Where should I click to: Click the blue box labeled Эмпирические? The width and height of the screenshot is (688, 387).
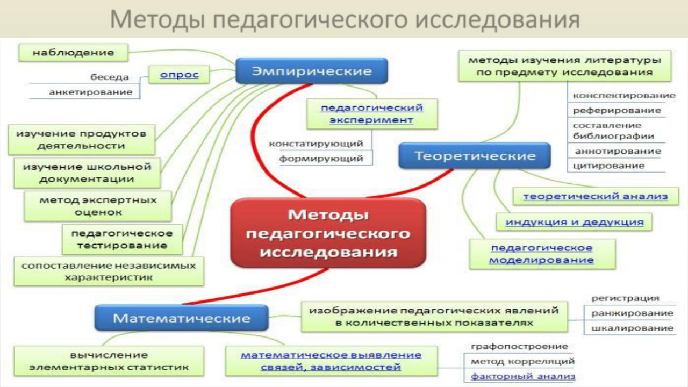point(311,71)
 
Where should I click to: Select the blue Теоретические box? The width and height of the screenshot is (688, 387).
point(475,156)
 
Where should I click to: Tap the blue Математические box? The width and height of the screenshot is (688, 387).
point(181,318)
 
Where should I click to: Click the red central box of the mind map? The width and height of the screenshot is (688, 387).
point(328,233)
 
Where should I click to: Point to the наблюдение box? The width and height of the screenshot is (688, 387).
point(74,53)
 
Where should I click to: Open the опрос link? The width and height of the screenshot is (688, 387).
point(180,75)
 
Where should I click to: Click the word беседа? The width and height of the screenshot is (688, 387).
point(109,77)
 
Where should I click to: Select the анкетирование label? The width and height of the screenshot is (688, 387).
point(91,92)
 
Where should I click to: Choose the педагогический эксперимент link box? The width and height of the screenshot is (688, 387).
point(372,114)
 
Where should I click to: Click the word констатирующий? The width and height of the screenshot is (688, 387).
point(316,144)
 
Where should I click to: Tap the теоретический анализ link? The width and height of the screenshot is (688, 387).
point(596,196)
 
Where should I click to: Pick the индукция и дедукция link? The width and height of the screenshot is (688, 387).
point(575,222)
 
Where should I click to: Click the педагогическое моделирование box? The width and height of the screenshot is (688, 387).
point(542,254)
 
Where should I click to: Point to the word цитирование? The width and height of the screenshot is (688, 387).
point(608,166)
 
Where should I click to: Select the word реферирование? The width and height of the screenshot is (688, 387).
point(617,111)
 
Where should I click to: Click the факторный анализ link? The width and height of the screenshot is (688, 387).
point(523,376)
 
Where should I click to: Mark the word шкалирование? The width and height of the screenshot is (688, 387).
point(633,328)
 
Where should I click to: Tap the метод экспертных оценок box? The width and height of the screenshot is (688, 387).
point(98,206)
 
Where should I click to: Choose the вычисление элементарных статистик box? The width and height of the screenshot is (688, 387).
point(109,361)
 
